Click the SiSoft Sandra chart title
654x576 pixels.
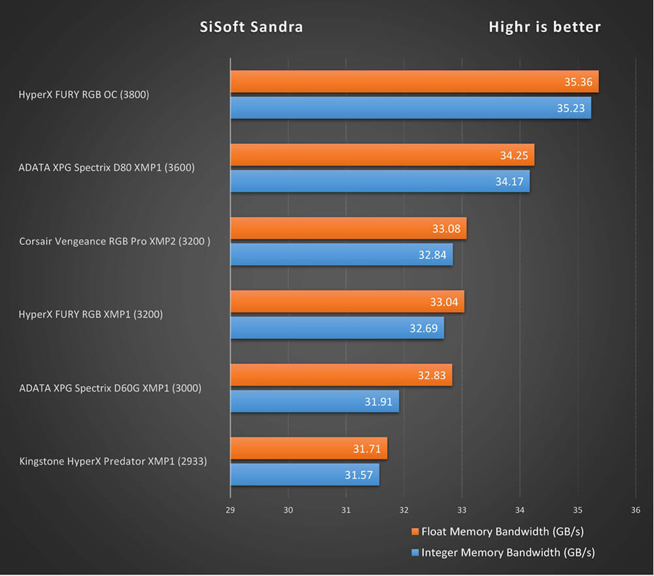(x=251, y=27)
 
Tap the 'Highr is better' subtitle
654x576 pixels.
(x=545, y=27)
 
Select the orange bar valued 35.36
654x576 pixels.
(x=414, y=82)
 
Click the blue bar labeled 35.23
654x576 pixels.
(x=410, y=108)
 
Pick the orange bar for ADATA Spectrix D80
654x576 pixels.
(x=382, y=155)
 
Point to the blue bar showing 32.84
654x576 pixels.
(x=341, y=255)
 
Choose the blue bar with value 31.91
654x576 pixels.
(x=314, y=401)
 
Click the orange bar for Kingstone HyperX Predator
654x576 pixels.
(x=308, y=448)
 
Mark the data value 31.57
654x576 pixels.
(x=358, y=475)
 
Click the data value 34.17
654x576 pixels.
(x=509, y=181)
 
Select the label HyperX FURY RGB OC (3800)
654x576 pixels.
(x=84, y=95)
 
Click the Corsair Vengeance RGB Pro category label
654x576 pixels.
(x=115, y=242)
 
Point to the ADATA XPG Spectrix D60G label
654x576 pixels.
(x=110, y=388)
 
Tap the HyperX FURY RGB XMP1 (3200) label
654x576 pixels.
(x=91, y=314)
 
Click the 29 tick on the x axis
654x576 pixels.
(x=230, y=510)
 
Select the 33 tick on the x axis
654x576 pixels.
(x=462, y=510)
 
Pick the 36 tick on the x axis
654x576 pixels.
(x=635, y=510)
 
